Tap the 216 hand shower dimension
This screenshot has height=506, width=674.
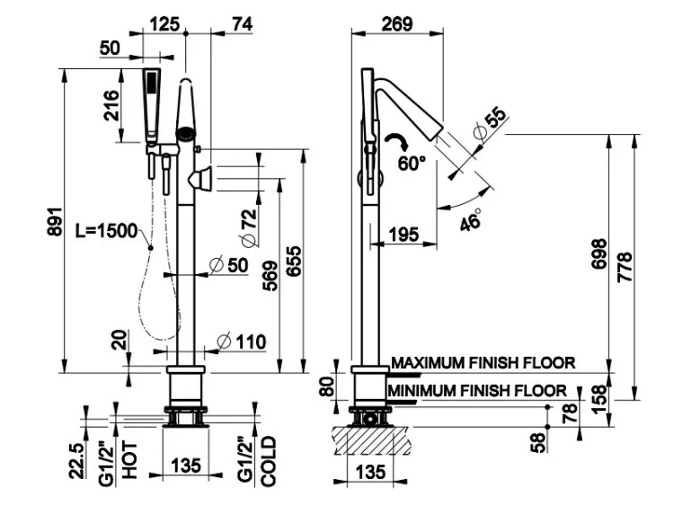[111, 104]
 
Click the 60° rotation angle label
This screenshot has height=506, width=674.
[412, 163]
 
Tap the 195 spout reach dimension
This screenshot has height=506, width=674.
[404, 235]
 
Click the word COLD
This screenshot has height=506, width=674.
[268, 462]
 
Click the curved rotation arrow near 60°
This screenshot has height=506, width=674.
[395, 141]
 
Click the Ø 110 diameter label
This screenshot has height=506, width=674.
[243, 342]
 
